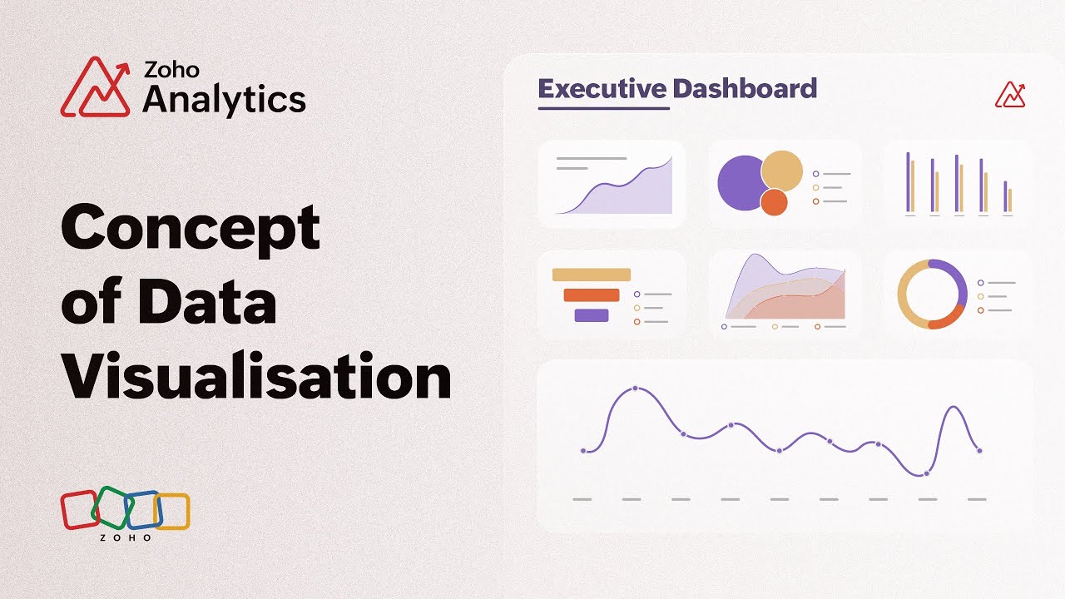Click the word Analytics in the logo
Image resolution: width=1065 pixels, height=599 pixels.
tap(224, 100)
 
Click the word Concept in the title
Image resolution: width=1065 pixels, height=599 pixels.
tap(191, 227)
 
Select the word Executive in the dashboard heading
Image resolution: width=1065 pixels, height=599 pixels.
tap(602, 88)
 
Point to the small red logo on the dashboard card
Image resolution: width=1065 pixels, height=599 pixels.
tap(1010, 95)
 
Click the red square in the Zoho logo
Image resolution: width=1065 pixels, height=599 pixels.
tap(78, 509)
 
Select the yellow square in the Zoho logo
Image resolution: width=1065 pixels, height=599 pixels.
tap(173, 512)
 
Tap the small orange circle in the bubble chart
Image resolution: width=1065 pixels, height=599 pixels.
tap(774, 202)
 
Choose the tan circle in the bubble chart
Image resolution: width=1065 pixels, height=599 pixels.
tap(782, 169)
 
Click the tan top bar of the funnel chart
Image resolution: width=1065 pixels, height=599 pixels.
tap(592, 275)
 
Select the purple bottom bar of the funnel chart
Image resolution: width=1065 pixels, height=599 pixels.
tap(592, 315)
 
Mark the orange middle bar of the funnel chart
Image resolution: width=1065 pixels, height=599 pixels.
tap(592, 295)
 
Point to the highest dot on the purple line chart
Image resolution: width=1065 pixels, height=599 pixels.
tap(636, 389)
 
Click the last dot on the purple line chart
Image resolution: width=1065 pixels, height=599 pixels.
tap(979, 451)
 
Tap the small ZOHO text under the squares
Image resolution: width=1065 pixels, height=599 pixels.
tap(126, 537)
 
